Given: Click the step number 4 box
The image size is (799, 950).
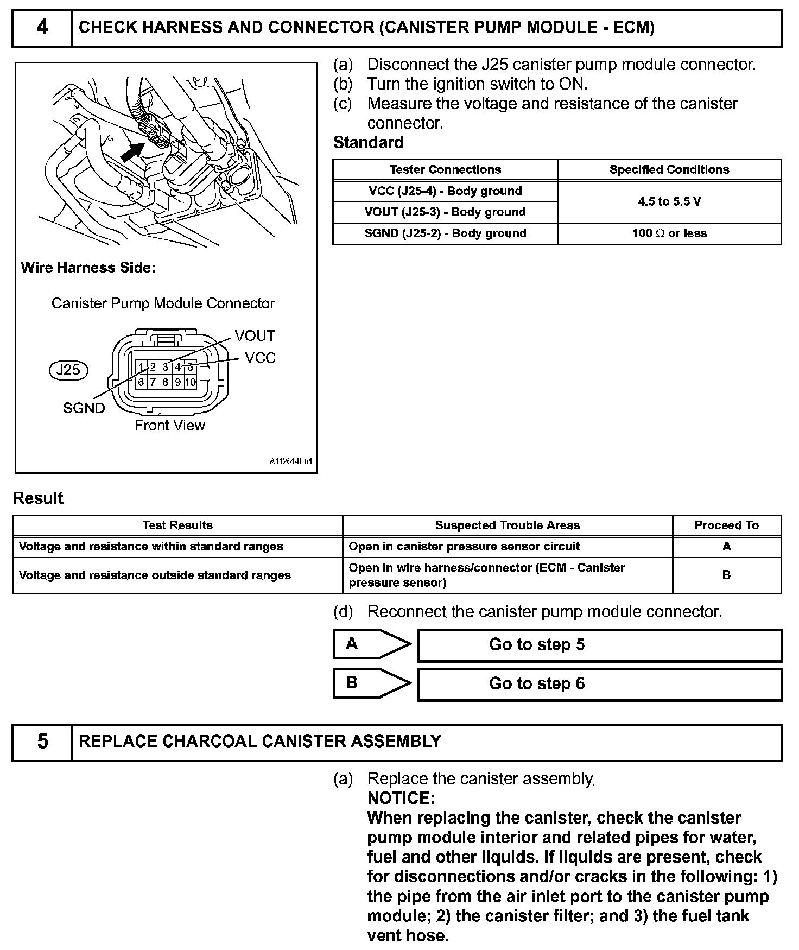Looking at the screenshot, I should [42, 28].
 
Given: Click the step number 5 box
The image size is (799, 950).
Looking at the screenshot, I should [42, 742].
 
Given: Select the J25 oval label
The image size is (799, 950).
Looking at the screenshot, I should [68, 370].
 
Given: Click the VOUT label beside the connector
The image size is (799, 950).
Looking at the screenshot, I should [255, 336].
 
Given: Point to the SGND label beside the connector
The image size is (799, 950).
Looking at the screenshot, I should [84, 408].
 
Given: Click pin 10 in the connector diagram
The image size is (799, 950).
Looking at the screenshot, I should [190, 382].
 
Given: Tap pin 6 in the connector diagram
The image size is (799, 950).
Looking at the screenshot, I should [141, 382].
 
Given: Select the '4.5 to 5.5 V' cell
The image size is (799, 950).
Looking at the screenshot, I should [669, 202].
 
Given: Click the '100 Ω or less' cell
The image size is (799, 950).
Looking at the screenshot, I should [669, 233].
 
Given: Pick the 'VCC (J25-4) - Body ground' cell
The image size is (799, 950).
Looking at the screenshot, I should [445, 191].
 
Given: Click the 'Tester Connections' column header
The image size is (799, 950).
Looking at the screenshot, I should [445, 170].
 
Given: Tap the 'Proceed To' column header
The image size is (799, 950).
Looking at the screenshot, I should [726, 525].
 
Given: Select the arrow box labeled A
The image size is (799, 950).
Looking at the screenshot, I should [372, 644].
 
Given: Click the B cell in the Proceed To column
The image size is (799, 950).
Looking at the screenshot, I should [726, 575].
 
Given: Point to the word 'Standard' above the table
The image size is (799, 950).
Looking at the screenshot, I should [369, 143].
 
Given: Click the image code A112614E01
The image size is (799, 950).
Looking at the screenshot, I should [291, 461].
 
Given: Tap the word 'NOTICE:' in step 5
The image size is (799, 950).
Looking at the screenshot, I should [401, 798].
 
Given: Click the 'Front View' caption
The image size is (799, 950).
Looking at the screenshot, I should [170, 426].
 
